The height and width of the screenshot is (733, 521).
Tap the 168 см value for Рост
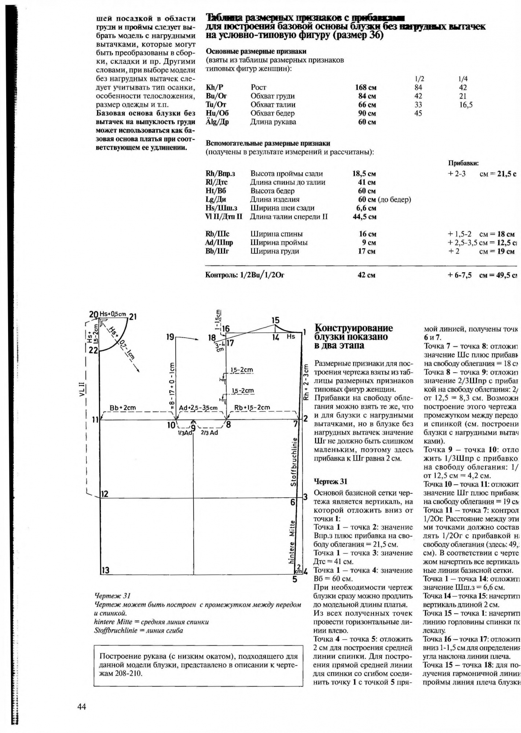tap(366, 88)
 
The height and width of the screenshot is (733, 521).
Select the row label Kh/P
tap(214, 88)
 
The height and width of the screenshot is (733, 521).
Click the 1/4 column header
tap(463, 79)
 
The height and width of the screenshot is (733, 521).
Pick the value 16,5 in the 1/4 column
tap(465, 105)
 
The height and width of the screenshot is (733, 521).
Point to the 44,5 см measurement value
tap(364, 217)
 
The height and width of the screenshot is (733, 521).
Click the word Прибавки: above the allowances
tap(463, 163)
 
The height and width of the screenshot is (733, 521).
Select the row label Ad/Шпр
tap(219, 243)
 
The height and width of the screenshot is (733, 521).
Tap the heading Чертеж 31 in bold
tap(330, 482)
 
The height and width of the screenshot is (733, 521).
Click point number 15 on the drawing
tap(275, 321)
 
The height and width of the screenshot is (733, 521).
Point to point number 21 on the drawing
tap(132, 316)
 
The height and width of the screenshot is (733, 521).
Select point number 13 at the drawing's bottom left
tap(106, 570)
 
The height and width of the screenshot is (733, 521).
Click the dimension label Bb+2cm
tap(123, 408)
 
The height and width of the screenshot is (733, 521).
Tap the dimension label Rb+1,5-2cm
tap(252, 408)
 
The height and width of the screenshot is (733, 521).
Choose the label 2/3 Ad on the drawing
tap(209, 432)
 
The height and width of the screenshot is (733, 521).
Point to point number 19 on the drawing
tap(170, 336)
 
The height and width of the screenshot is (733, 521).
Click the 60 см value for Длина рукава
tap(367, 122)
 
